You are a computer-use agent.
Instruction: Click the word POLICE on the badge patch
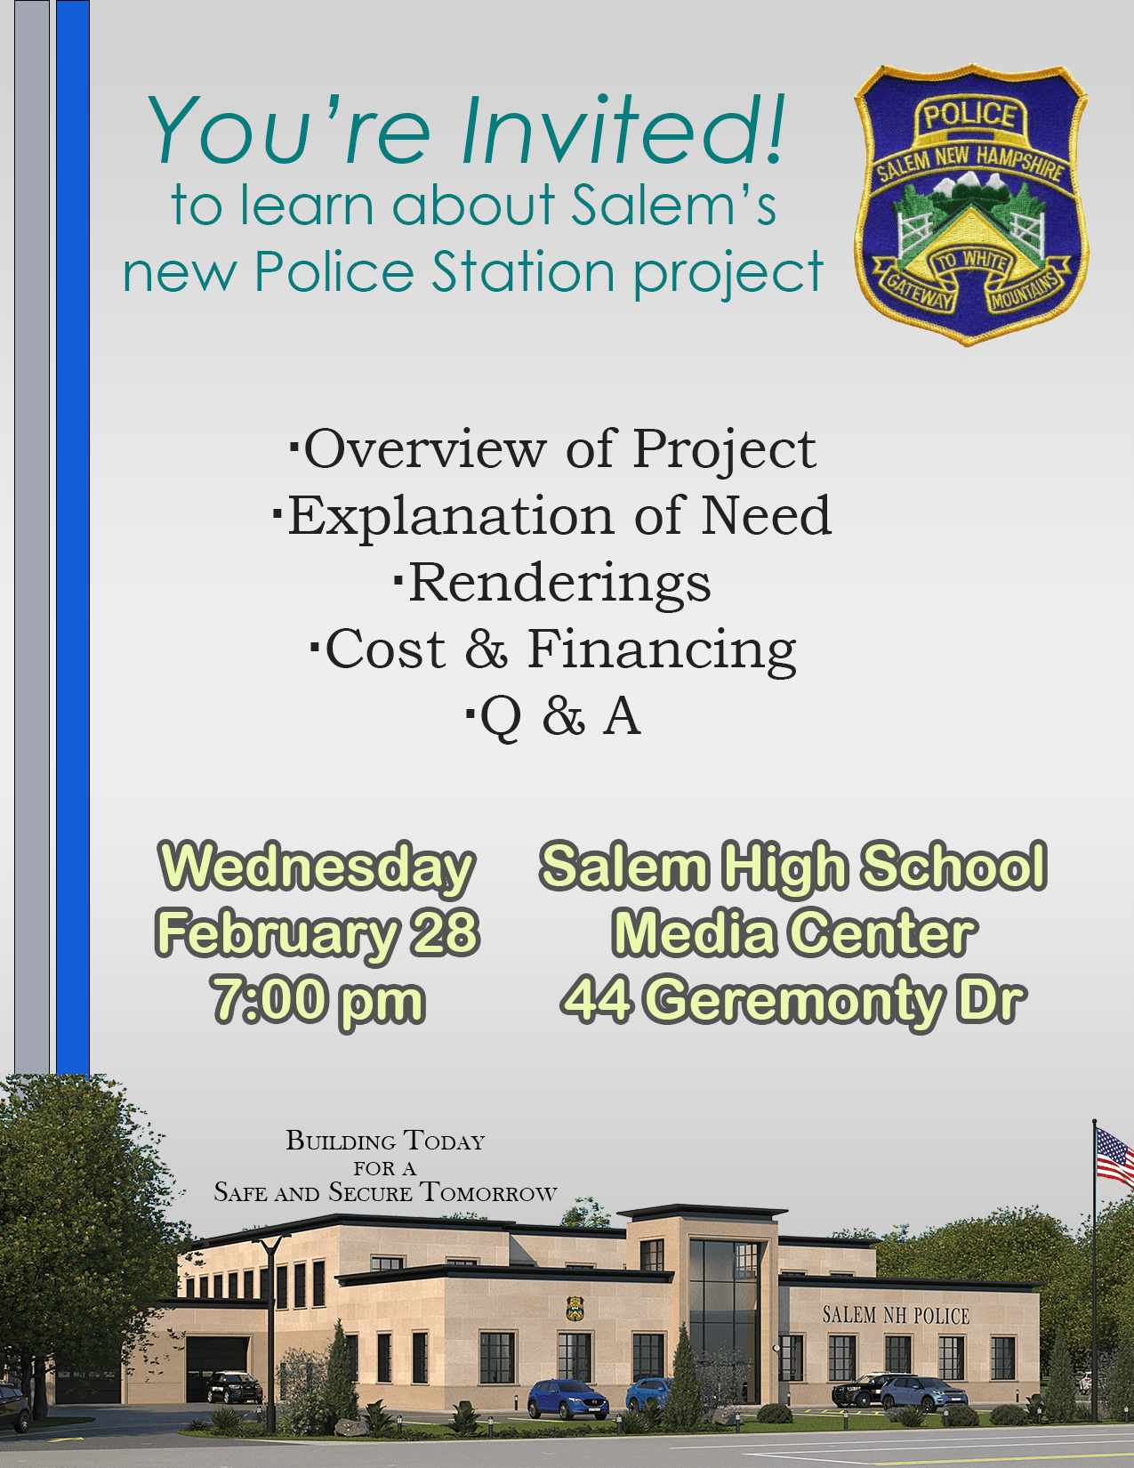(969, 116)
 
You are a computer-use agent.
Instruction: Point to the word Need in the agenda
(766, 515)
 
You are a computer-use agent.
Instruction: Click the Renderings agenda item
(559, 583)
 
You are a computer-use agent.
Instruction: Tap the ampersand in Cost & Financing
(486, 649)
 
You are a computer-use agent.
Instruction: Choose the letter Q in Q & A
(501, 717)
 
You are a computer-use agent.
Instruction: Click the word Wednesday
(317, 867)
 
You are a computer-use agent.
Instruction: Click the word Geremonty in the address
(800, 1000)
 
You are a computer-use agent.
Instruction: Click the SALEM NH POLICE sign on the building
(895, 1315)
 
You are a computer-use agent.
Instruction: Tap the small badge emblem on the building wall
(575, 1308)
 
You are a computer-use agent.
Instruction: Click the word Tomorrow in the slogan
(488, 1193)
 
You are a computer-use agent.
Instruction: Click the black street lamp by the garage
(270, 1317)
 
